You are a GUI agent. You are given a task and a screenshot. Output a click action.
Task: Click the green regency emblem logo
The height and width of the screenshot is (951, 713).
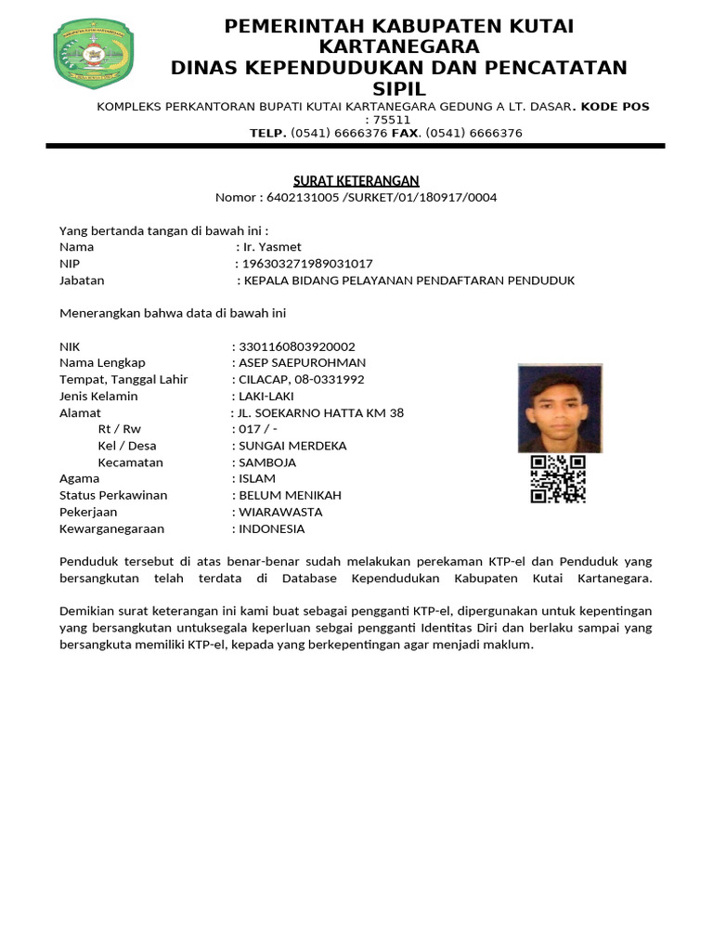click(x=94, y=55)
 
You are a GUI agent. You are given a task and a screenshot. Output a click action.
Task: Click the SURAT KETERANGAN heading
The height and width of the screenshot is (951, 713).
click(x=356, y=180)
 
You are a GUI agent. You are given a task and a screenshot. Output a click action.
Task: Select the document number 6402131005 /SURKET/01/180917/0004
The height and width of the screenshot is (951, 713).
click(x=382, y=197)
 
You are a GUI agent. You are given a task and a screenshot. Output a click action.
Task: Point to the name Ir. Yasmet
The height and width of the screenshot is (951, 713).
click(x=271, y=247)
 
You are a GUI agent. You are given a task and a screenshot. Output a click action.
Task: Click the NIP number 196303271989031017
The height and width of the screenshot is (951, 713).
click(x=307, y=264)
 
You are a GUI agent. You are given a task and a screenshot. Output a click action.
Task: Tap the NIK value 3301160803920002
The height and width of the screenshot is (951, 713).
click(x=297, y=346)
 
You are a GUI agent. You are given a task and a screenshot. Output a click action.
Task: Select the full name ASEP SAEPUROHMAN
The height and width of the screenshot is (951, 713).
click(x=303, y=362)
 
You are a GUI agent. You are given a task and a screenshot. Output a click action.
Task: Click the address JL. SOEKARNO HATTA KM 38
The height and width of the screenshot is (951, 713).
click(x=321, y=412)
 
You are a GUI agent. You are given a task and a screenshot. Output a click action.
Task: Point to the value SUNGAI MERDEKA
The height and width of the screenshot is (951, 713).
click(x=292, y=446)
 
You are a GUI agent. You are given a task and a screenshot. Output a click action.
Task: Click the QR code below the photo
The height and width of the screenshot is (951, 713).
click(x=558, y=479)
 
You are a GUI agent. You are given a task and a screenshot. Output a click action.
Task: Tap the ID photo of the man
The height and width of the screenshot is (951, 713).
click(x=560, y=408)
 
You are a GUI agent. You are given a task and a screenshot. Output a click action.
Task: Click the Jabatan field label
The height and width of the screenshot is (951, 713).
click(x=82, y=280)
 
